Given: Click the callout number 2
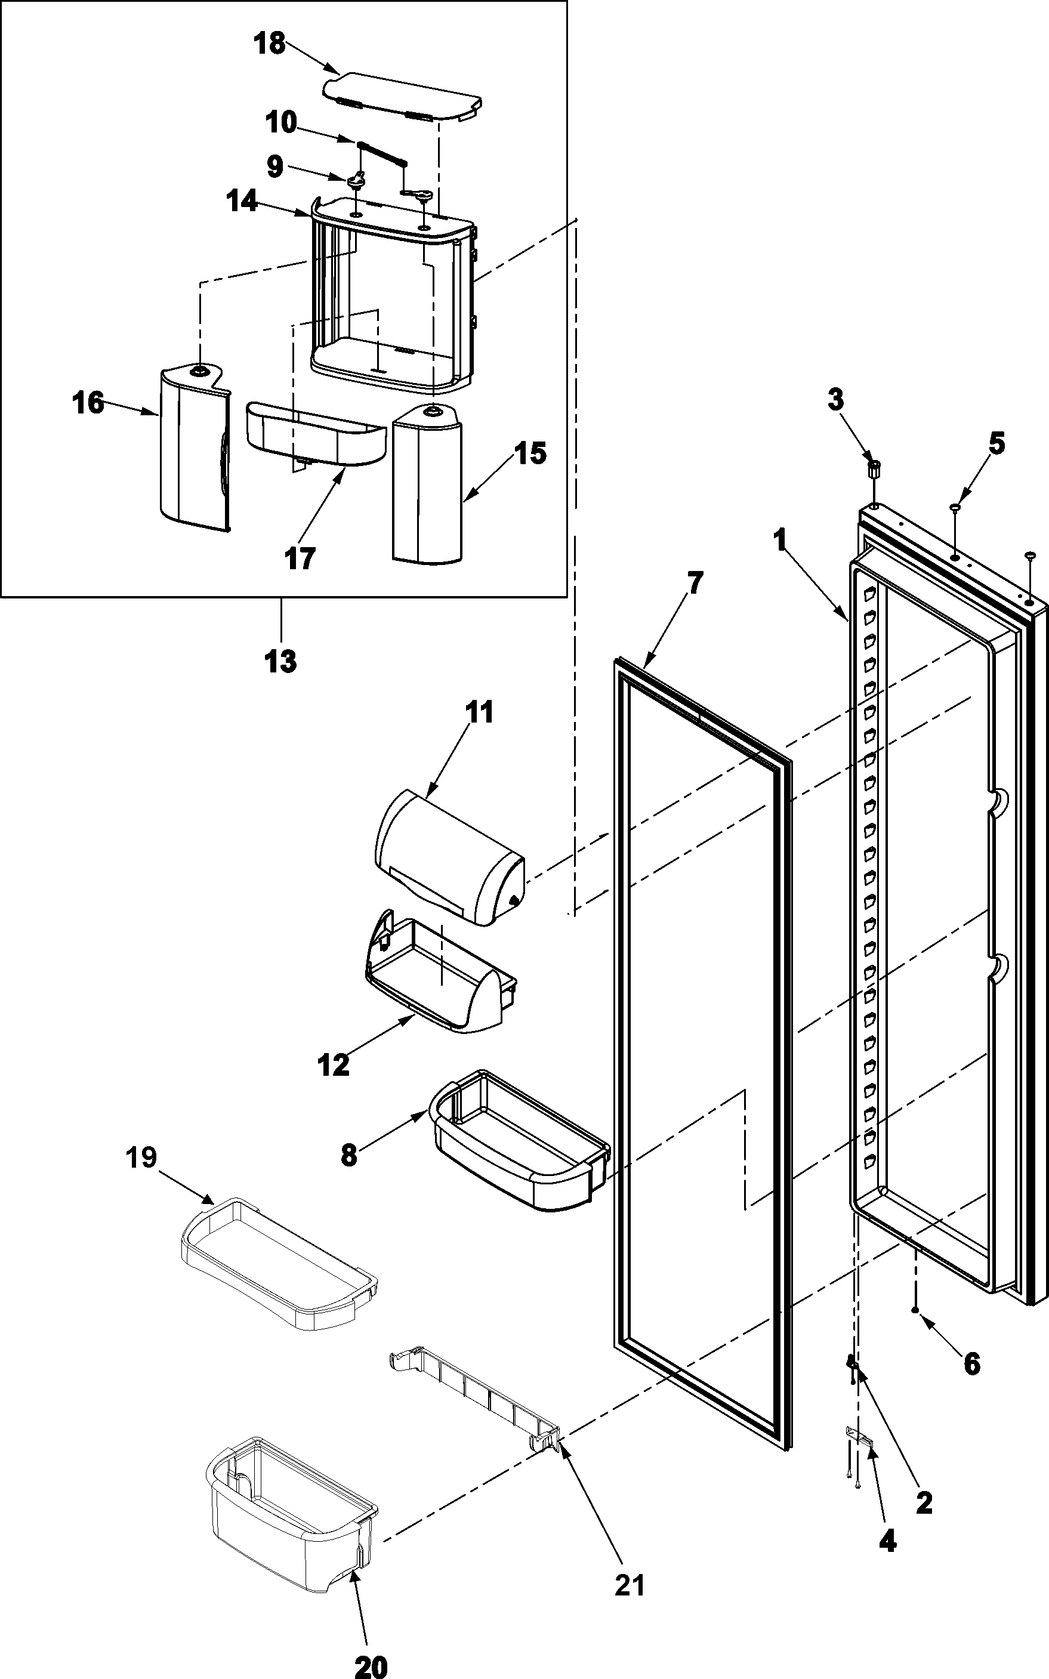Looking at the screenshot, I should click(924, 1502).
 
